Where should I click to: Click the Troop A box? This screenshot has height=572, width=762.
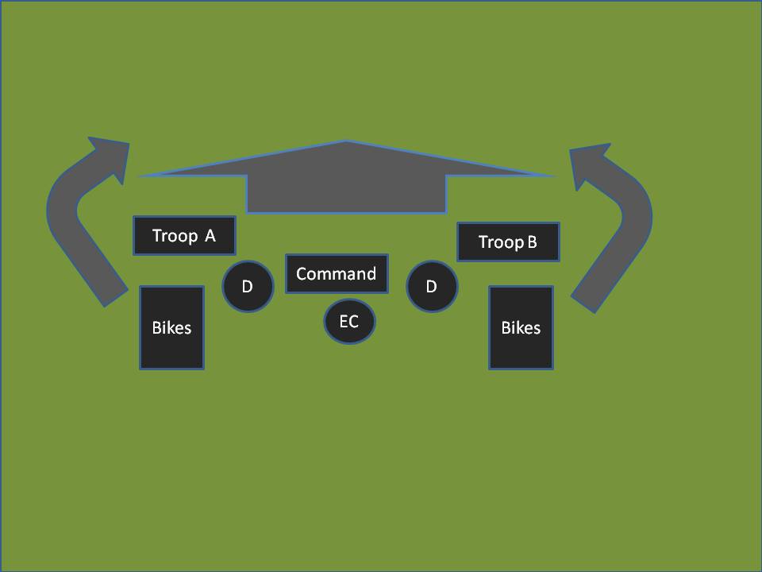[x=184, y=235]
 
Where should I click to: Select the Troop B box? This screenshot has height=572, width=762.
[x=508, y=242]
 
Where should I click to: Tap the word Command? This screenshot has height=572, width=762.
[x=336, y=274]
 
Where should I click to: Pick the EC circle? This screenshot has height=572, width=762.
[x=349, y=322]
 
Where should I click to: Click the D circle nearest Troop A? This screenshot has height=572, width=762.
[x=247, y=286]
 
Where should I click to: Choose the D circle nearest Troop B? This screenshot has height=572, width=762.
[x=432, y=286]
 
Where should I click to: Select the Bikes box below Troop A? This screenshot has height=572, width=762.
[x=171, y=327]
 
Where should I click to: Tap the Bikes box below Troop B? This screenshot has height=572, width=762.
[x=521, y=327]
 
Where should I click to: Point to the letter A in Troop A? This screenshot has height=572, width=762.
[x=210, y=236]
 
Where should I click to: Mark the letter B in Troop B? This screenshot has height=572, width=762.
[x=532, y=242]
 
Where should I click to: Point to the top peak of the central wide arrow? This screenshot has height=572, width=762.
[x=346, y=142]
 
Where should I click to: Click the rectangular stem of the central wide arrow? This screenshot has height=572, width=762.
[x=346, y=194]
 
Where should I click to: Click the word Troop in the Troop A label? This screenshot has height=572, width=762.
[x=174, y=236]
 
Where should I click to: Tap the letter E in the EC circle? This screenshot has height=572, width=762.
[x=344, y=322]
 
